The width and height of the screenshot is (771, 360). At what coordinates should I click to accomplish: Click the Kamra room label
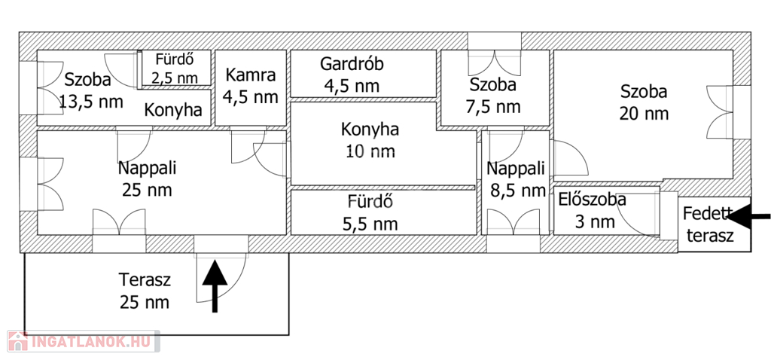(251, 75)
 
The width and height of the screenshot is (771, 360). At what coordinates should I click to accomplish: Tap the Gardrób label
(352, 63)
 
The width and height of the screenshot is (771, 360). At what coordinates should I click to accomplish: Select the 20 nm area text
(645, 114)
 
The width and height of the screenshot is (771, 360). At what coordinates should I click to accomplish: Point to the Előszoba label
(593, 200)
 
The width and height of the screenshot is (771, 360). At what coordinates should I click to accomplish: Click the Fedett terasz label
(710, 224)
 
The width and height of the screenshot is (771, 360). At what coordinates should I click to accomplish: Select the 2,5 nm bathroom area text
(175, 78)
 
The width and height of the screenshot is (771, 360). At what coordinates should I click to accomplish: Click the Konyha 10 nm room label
(370, 140)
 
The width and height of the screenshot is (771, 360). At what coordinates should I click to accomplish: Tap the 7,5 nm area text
(493, 107)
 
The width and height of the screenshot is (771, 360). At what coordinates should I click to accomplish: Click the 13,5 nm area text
(91, 102)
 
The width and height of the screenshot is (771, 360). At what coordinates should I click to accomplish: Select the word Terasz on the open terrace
(145, 280)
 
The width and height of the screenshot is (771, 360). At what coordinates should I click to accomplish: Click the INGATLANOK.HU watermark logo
(83, 341)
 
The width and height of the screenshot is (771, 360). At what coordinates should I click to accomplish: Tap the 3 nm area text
(595, 222)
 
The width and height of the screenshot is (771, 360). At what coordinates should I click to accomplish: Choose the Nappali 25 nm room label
(148, 178)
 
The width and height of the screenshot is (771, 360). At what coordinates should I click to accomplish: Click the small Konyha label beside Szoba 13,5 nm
(173, 110)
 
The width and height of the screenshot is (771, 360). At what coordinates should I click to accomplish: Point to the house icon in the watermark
(18, 341)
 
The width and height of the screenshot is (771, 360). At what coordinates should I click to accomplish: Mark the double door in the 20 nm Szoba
(719, 113)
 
